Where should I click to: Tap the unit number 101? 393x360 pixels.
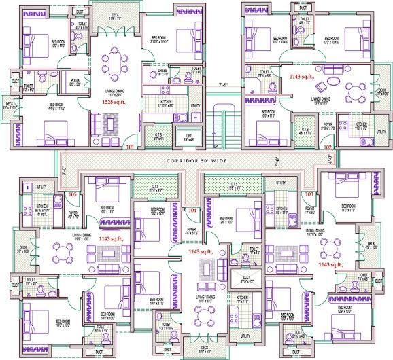[x=131, y=146]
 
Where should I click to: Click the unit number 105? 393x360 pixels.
[x=72, y=194]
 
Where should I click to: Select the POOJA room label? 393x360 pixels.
[x=75, y=86]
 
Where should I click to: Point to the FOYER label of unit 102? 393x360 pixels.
[x=328, y=125]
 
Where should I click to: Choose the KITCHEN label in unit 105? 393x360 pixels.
[x=42, y=208]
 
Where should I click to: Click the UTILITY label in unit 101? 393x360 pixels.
[x=195, y=105]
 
